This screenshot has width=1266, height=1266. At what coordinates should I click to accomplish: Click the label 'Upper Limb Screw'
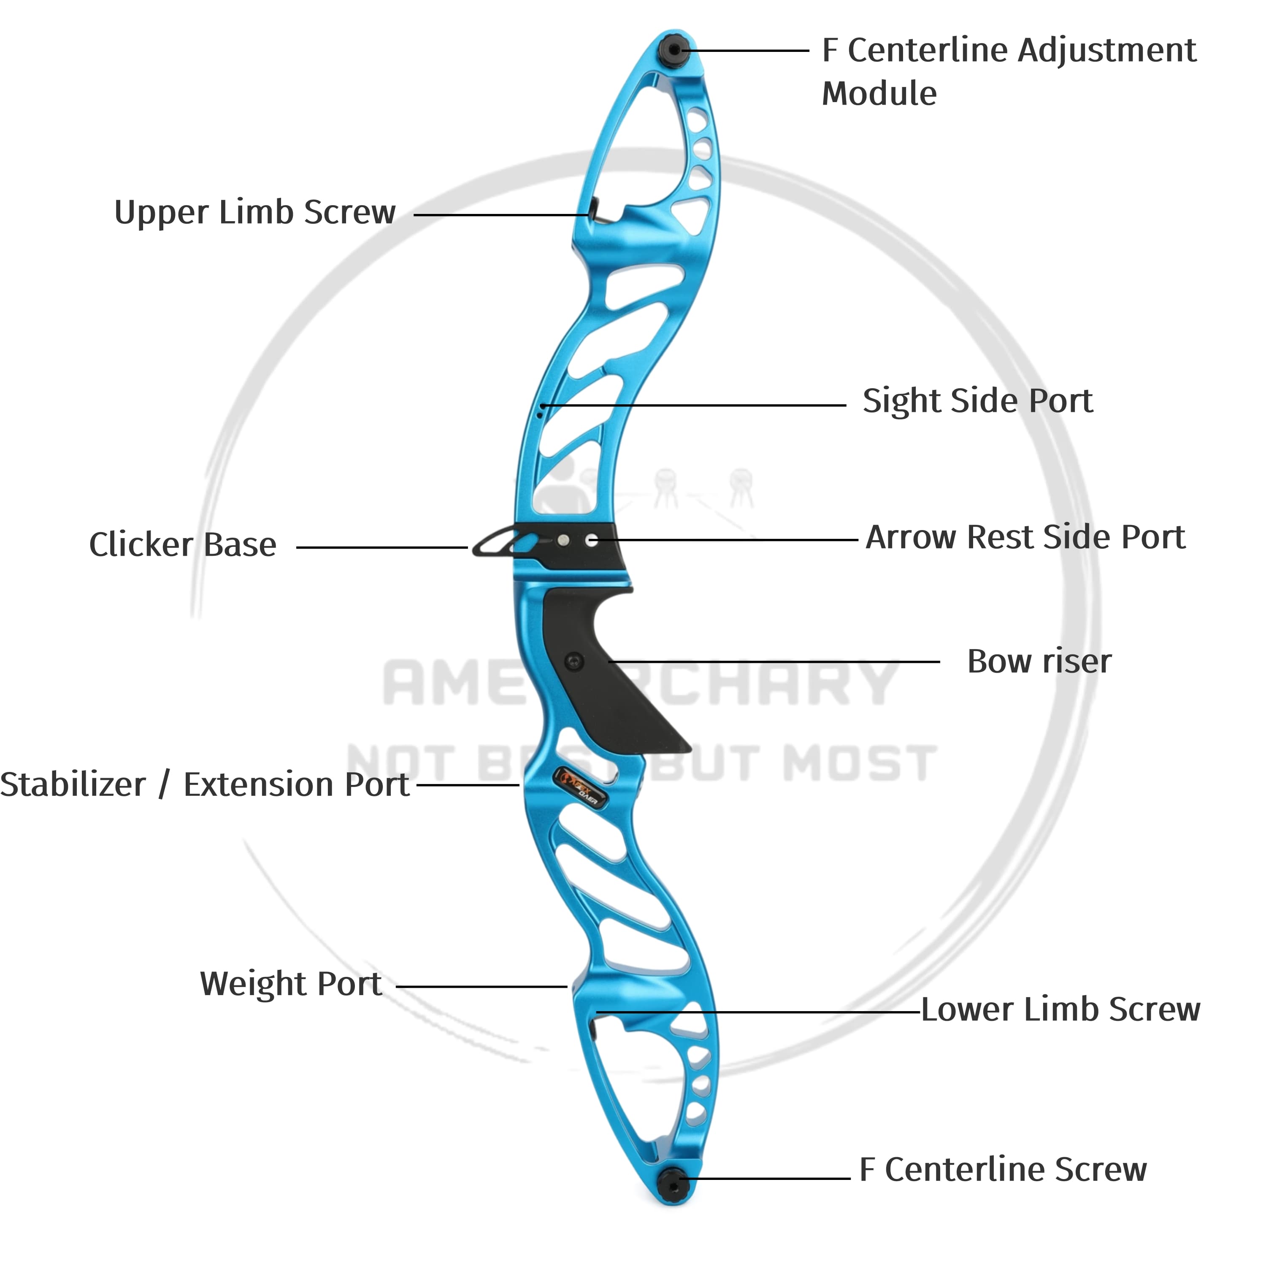255,212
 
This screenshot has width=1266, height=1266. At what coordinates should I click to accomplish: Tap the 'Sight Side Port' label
977,400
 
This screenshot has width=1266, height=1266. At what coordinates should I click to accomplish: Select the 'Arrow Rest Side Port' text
1025,537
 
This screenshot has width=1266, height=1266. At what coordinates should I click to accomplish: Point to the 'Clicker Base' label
183,544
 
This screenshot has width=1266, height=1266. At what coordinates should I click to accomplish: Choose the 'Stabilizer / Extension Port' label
204,784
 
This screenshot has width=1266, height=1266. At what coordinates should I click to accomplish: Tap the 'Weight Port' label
291,984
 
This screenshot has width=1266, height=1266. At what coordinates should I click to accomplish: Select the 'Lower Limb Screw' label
1060,1009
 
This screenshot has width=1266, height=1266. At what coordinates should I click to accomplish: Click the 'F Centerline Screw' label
1003,1169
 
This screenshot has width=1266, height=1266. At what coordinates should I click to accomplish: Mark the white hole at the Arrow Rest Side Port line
592,541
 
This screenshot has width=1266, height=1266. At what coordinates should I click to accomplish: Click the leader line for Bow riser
773,662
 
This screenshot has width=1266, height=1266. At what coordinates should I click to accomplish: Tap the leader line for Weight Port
482,986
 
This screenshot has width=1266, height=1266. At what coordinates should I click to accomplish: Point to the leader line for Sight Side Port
695,406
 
